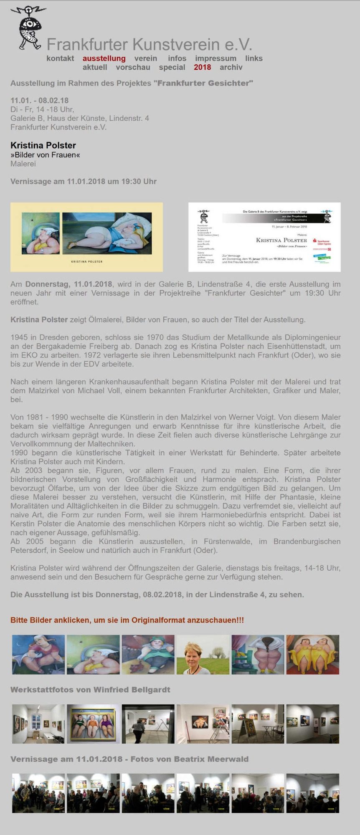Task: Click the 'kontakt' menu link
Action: (60, 58)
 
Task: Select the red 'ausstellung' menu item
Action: (104, 58)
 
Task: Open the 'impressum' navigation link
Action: (215, 58)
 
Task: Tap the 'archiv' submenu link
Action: (231, 67)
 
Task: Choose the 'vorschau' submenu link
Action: (133, 67)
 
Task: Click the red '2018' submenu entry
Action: (202, 67)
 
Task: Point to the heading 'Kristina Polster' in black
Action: (43, 145)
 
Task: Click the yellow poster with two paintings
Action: (86, 237)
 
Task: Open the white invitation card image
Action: (264, 237)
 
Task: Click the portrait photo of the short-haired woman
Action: (203, 654)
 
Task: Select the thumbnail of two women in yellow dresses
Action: (312, 654)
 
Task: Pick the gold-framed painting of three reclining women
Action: (93, 724)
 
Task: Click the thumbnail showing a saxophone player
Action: (38, 793)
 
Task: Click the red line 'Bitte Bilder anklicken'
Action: (127, 620)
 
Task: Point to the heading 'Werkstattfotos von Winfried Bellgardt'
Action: (90, 690)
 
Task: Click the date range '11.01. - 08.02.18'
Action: (39, 100)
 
